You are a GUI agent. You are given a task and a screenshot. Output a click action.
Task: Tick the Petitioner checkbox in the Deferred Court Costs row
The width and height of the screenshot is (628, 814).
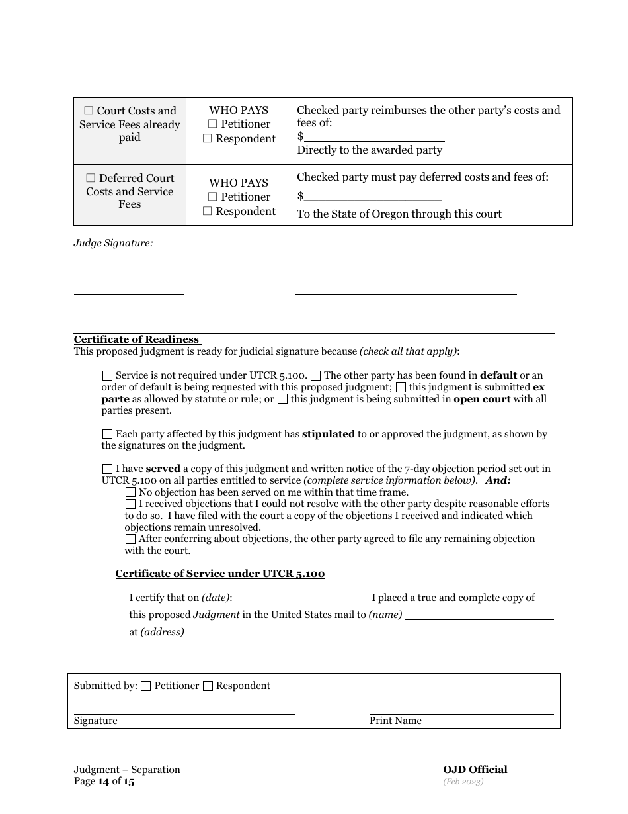(x=212, y=197)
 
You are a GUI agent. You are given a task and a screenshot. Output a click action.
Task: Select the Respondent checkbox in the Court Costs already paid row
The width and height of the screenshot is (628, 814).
(x=207, y=139)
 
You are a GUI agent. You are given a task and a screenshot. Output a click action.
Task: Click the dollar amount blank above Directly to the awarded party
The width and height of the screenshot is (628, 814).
(x=374, y=136)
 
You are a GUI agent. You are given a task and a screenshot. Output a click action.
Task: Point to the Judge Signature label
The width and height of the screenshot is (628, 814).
(x=113, y=243)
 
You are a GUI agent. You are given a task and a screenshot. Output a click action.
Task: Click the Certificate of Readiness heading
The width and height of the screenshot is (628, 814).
(x=136, y=339)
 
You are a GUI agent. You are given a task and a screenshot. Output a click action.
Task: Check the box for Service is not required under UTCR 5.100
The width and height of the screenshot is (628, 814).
(x=108, y=375)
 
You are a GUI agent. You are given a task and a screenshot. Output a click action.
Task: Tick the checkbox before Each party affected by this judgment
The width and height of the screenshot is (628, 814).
(x=108, y=434)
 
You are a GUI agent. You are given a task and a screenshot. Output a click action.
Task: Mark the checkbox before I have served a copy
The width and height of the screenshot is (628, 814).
(x=108, y=469)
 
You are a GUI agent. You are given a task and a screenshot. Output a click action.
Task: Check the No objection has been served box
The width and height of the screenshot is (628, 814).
(x=131, y=492)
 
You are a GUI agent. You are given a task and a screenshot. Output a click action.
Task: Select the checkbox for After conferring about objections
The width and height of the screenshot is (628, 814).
(x=131, y=539)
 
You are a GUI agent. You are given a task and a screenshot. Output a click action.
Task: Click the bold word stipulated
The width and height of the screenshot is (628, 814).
(x=328, y=434)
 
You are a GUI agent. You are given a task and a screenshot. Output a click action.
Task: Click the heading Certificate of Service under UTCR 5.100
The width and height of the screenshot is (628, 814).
(x=220, y=574)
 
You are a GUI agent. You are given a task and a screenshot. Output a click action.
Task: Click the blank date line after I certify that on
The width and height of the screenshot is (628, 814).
(x=302, y=598)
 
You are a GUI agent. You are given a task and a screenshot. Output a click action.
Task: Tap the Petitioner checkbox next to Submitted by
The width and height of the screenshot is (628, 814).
(x=147, y=686)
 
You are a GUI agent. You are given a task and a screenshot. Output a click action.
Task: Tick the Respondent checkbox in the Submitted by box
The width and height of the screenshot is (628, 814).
(x=208, y=686)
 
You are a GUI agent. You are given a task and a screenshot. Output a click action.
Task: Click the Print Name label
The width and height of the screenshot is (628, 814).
(x=395, y=721)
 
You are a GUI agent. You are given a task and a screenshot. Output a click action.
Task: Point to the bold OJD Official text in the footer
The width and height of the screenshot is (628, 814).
(x=475, y=769)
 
